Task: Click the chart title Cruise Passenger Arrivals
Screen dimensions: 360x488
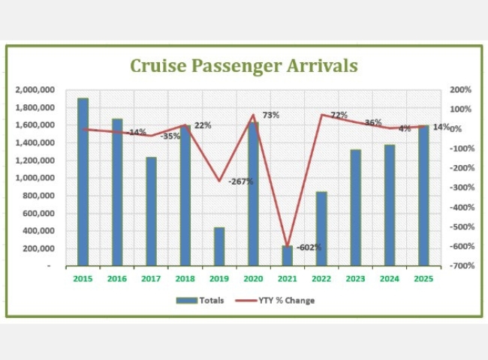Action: [243, 65]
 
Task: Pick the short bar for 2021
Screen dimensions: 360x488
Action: [288, 255]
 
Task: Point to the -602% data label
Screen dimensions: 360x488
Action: [309, 247]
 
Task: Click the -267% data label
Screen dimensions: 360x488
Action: [241, 181]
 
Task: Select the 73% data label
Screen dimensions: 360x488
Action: [270, 115]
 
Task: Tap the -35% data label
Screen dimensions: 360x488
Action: [170, 136]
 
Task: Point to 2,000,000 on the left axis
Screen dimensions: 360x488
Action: [33, 90]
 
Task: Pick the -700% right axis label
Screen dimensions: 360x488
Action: [460, 265]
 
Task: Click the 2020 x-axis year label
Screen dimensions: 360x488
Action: [253, 279]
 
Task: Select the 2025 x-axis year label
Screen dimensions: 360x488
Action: [423, 279]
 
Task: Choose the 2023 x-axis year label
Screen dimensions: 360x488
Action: [355, 279]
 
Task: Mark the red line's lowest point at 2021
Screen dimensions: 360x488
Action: [287, 245]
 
